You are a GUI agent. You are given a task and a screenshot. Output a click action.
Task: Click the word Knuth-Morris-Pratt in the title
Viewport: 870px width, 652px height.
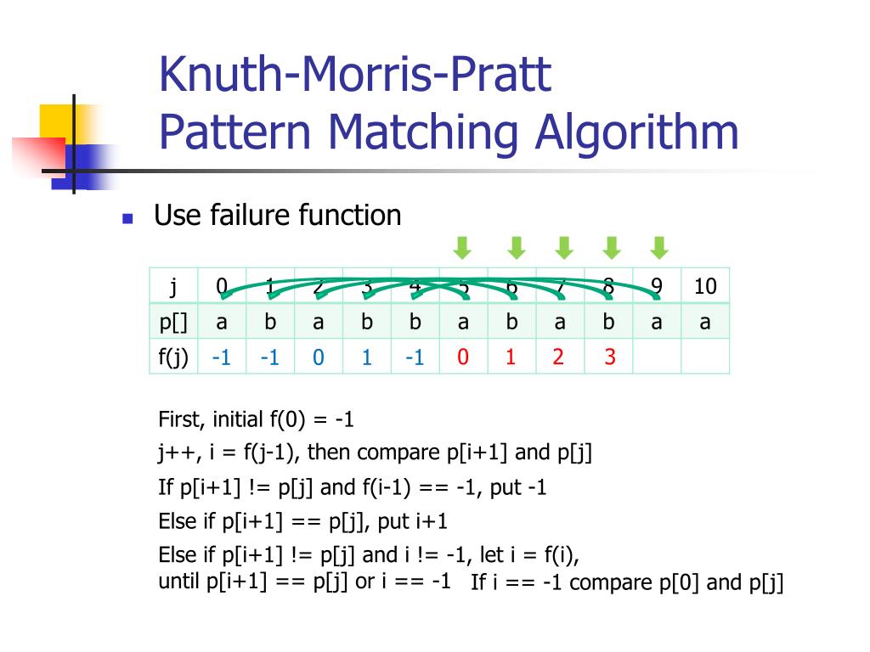[355, 75]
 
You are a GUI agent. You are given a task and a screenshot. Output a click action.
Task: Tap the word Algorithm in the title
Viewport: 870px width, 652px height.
[637, 133]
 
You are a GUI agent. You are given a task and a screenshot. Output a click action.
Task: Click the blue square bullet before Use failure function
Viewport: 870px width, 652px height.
[128, 218]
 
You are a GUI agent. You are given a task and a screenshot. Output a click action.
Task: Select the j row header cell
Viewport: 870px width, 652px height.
[173, 286]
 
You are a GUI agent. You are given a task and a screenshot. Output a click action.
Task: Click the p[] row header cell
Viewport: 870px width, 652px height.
[173, 322]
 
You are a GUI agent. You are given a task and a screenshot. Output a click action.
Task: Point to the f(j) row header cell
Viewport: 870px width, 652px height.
[173, 357]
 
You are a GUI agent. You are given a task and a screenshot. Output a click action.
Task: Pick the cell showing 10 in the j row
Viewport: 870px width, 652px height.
[705, 286]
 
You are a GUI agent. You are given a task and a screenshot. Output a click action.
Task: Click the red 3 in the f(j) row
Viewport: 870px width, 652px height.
[609, 357]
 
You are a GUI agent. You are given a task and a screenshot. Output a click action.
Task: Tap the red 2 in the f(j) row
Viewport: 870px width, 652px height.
[558, 357]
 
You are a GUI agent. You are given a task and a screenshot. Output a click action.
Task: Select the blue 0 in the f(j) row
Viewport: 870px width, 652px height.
[318, 357]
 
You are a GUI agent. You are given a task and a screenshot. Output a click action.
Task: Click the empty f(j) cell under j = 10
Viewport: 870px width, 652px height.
[705, 357]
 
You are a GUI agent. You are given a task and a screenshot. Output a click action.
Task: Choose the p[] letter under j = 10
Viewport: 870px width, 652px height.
[705, 322]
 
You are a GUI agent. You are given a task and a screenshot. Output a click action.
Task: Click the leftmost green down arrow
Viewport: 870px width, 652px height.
[461, 248]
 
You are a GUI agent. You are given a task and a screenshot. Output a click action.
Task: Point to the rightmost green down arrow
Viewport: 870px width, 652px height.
[659, 248]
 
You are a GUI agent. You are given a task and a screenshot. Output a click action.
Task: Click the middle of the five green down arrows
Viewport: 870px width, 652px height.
[563, 248]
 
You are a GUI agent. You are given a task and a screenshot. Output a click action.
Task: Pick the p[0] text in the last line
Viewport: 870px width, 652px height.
[681, 582]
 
